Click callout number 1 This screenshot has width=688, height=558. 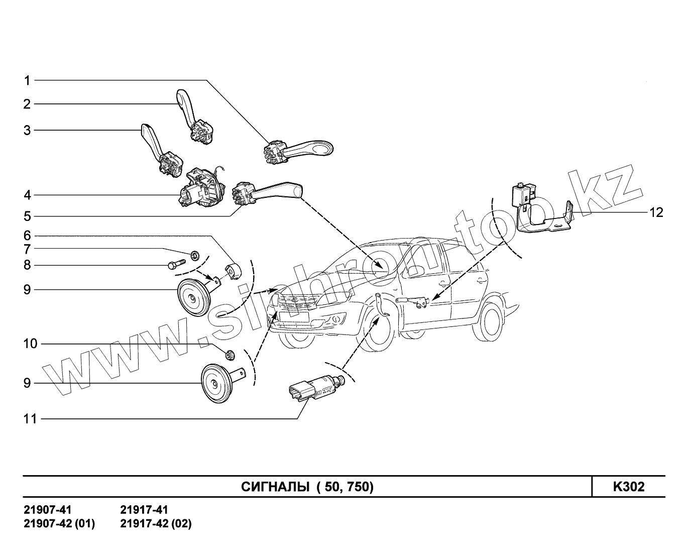[x=27, y=80]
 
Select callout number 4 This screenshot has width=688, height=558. [x=27, y=195]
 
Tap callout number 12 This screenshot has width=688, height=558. [x=656, y=213]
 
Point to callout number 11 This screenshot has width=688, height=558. [x=30, y=418]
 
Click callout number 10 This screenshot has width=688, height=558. [x=30, y=344]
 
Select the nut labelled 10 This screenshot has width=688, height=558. [x=231, y=355]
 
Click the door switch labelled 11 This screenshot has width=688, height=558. [x=314, y=389]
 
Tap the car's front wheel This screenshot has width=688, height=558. [x=379, y=329]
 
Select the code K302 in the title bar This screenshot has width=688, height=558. [x=628, y=487]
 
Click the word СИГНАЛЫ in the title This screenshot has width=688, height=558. [x=275, y=487]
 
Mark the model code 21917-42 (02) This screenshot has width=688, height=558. [x=156, y=524]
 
